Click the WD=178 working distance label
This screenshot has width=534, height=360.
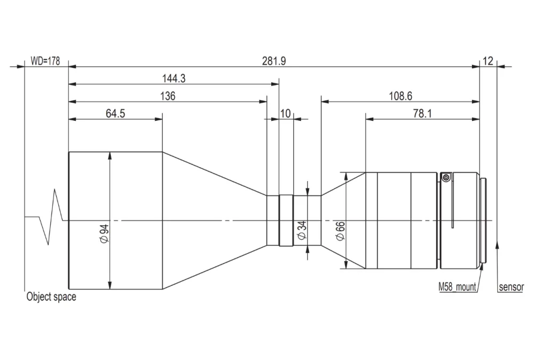[x=45, y=61]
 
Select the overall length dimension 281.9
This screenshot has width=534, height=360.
[x=274, y=61]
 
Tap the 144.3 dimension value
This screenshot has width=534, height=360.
[x=174, y=79]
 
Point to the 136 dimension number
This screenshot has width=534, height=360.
[x=168, y=96]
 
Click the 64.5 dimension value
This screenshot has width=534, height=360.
[x=115, y=113]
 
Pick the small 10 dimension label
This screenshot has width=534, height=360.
[x=285, y=113]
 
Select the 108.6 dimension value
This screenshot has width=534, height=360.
[x=400, y=96]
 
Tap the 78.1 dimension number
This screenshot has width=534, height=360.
[x=422, y=113]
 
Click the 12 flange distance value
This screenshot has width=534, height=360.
[x=488, y=61]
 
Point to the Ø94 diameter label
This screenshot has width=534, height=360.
[x=104, y=233]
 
